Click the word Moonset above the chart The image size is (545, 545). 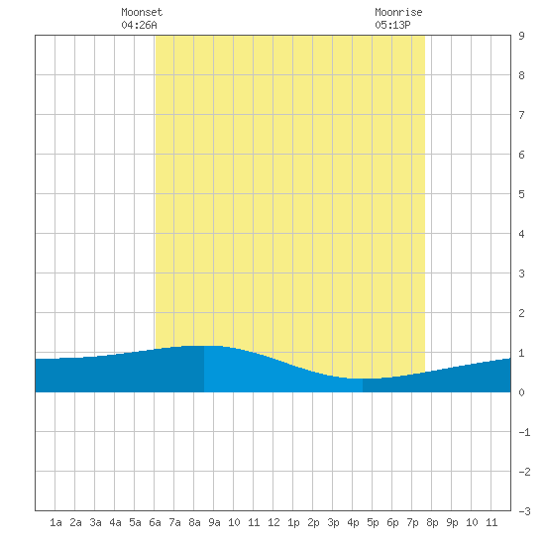(x=142, y=12)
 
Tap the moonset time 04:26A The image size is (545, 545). (x=139, y=25)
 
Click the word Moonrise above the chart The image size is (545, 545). (x=398, y=12)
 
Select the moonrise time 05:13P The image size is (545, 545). (x=392, y=25)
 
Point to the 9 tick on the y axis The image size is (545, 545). (x=521, y=36)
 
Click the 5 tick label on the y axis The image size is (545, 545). (x=521, y=194)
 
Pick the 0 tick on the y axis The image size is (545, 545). (x=521, y=392)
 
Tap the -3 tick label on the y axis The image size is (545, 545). (x=524, y=511)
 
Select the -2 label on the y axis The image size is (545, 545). (x=524, y=472)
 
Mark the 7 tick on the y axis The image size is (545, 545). (x=521, y=115)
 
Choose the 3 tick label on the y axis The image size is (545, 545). (x=521, y=273)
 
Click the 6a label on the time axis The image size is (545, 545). (x=155, y=522)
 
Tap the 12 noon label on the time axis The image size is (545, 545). (x=273, y=522)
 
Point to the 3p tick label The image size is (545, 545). (x=333, y=522)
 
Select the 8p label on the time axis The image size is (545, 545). (x=432, y=522)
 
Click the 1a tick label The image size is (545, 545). (x=55, y=522)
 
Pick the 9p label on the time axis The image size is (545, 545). (x=452, y=522)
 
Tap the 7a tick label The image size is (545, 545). (x=174, y=522)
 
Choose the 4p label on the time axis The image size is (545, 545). (x=353, y=522)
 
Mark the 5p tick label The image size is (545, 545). (x=373, y=522)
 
